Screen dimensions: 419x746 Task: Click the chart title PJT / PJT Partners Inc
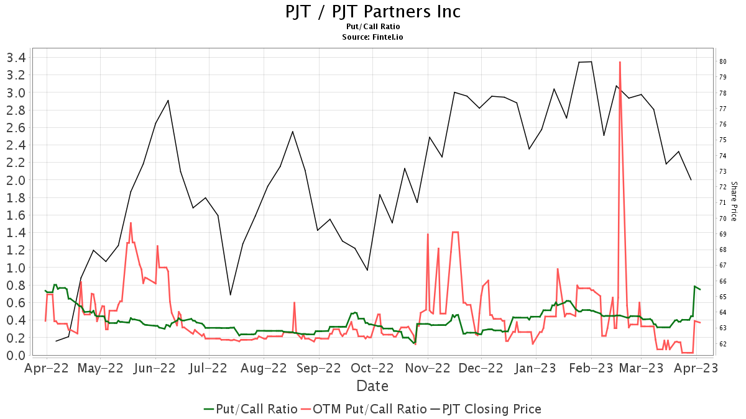[x=373, y=11]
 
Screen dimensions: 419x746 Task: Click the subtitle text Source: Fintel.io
[x=373, y=37]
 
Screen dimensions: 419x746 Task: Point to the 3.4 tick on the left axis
[x=16, y=58]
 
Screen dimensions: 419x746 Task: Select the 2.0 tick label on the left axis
[x=16, y=180]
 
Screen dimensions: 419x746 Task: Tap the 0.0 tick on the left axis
[x=16, y=355]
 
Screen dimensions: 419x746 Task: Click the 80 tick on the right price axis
[x=723, y=61]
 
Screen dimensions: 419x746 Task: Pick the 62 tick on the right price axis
[x=723, y=344]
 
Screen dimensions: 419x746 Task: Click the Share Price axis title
[x=734, y=201]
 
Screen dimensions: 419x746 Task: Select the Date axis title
[x=372, y=386]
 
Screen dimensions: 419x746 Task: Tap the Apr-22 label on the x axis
[x=46, y=368]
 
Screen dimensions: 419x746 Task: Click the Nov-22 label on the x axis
[x=428, y=368]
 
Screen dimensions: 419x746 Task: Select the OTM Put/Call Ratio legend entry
[x=363, y=409]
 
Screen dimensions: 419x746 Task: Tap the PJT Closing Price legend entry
[x=485, y=409]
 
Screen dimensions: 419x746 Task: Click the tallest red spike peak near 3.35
[x=620, y=62]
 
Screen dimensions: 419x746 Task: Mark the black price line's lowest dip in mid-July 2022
[x=230, y=295]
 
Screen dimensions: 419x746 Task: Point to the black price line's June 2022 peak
[x=168, y=101]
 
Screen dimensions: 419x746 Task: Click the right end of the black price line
[x=691, y=180]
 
